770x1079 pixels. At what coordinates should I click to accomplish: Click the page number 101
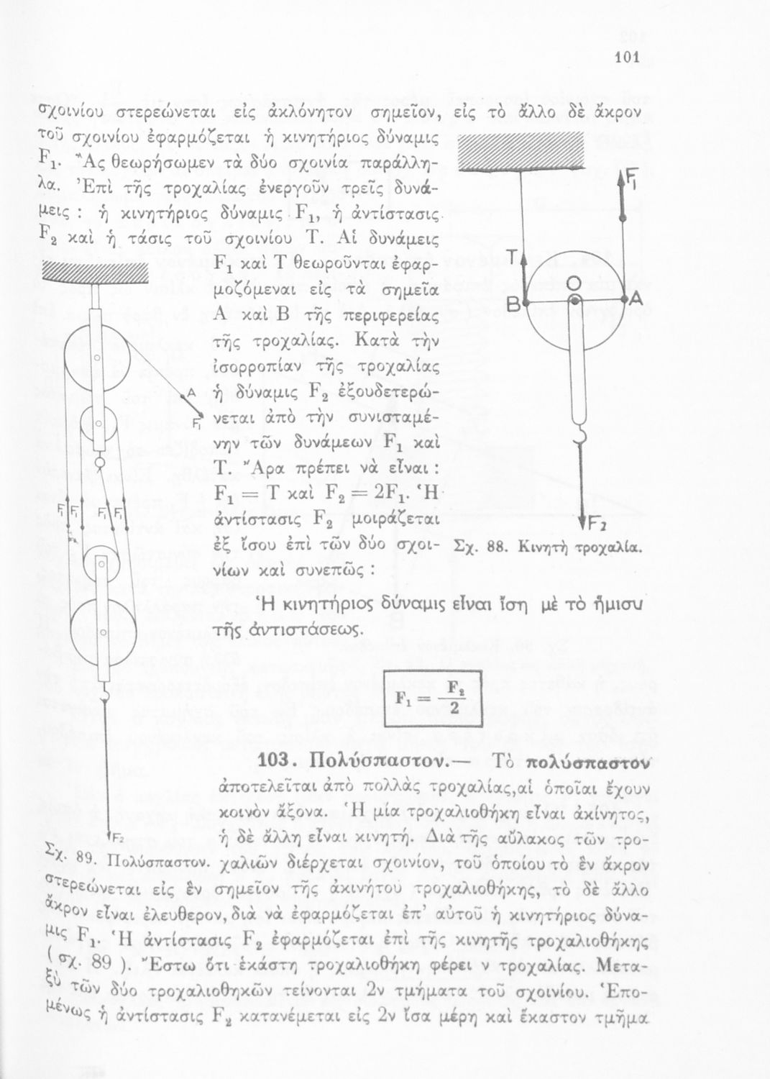pyautogui.click(x=628, y=60)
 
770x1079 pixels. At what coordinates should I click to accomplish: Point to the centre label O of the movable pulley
pyautogui.click(x=574, y=281)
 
